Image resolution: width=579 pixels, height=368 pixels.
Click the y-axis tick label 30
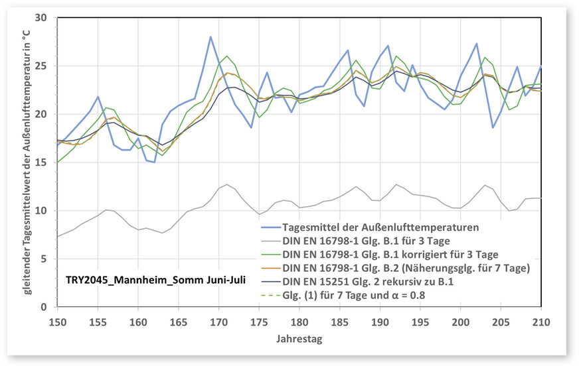pyautogui.click(x=42, y=17)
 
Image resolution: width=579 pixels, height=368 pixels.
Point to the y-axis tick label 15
pyautogui.click(x=42, y=162)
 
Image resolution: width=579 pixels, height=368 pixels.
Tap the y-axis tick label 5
pyautogui.click(x=45, y=259)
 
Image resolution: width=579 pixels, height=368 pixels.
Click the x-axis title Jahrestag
pyautogui.click(x=299, y=339)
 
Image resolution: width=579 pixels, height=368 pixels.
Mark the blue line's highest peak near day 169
pyautogui.click(x=210, y=37)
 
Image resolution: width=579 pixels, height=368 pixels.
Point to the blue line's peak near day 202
pyautogui.click(x=477, y=44)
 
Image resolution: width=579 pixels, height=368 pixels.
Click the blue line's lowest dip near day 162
pyautogui.click(x=154, y=162)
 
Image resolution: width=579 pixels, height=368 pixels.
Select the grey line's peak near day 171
pyautogui.click(x=226, y=184)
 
